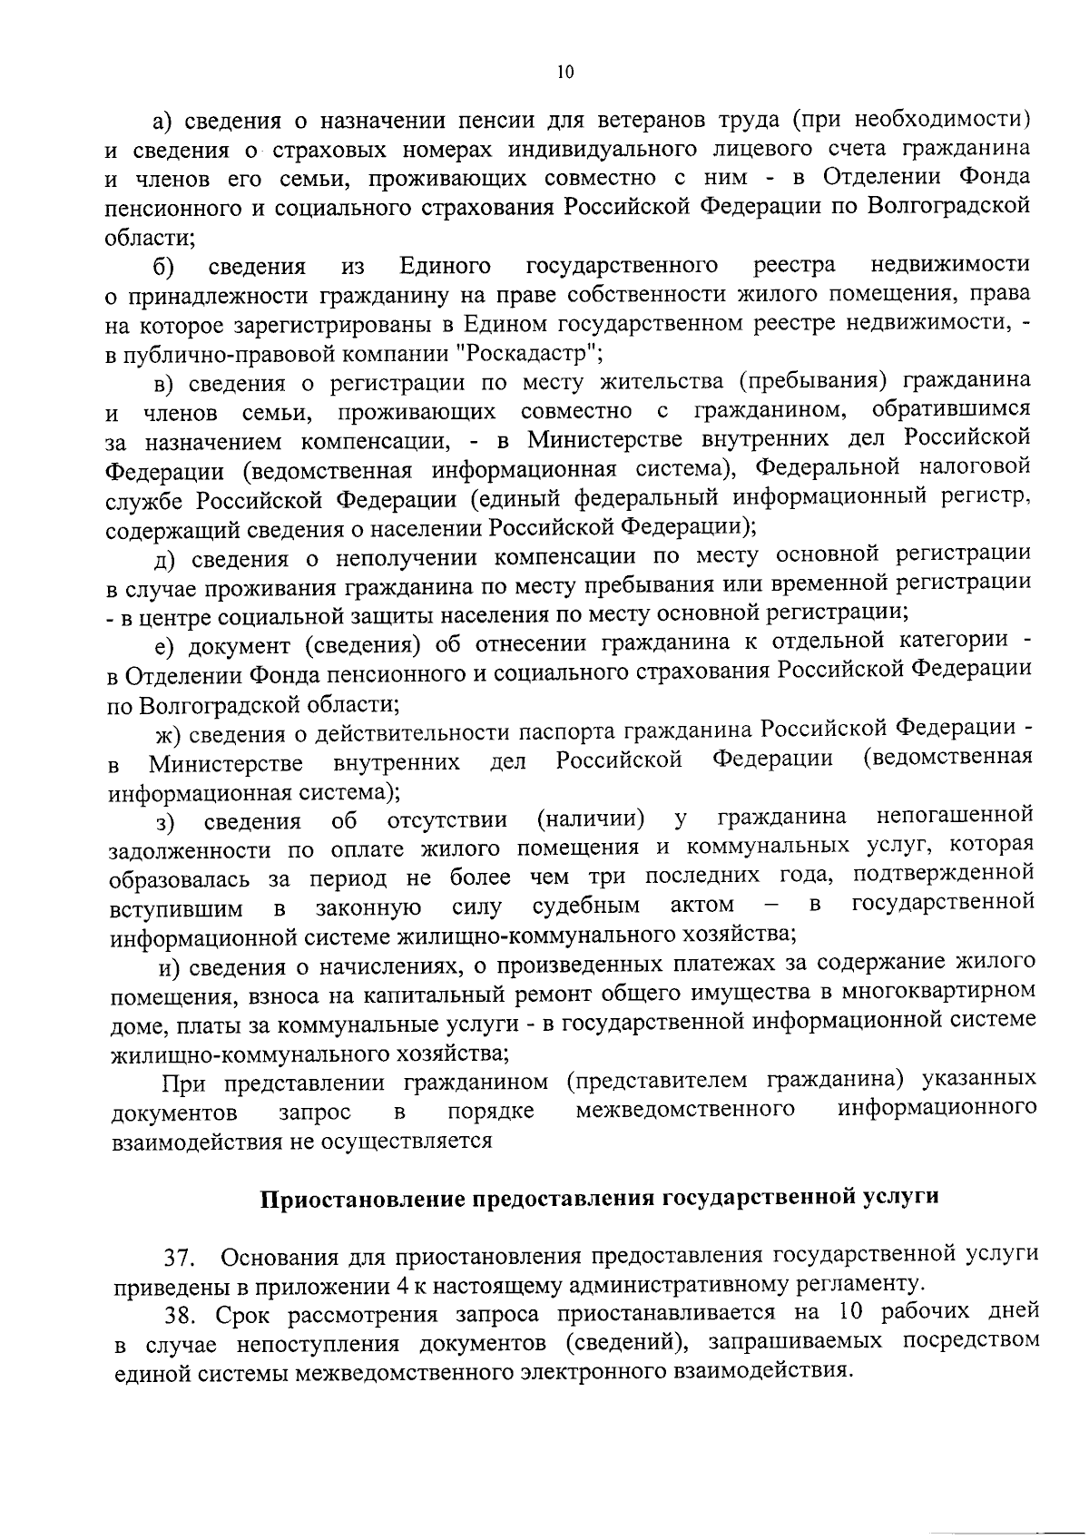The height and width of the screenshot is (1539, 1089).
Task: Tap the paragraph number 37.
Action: coord(177,1258)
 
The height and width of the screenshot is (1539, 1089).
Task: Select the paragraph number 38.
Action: coord(178,1315)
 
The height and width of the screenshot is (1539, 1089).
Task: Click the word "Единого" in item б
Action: coord(445,266)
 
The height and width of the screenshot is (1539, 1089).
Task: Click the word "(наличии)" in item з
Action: coord(591,819)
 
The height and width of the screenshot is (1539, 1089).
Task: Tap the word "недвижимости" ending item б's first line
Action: coord(949,264)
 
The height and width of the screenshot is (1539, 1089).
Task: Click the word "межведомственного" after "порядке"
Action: coord(686,1109)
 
